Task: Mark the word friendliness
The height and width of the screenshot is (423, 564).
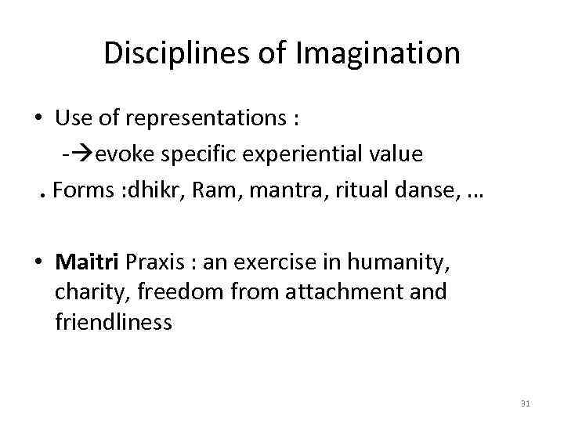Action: (114, 323)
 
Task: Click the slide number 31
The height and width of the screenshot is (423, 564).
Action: (525, 403)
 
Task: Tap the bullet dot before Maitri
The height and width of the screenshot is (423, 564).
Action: (39, 260)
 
